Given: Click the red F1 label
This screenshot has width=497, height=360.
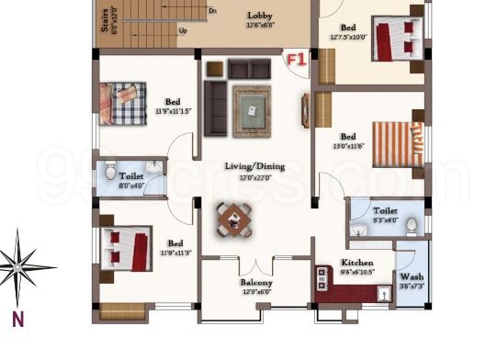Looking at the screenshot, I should (x=295, y=60).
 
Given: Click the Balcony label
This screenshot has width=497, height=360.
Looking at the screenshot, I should (x=256, y=283).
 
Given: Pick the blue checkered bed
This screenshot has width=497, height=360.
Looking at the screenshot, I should (x=123, y=102).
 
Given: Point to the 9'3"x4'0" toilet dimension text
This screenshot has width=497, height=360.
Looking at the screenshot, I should (x=386, y=220).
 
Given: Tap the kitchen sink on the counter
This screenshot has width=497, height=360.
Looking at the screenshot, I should (x=384, y=293).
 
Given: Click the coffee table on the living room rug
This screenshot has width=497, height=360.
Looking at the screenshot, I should (x=250, y=111).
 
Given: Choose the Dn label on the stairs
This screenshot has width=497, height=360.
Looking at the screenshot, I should (x=213, y=11).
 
